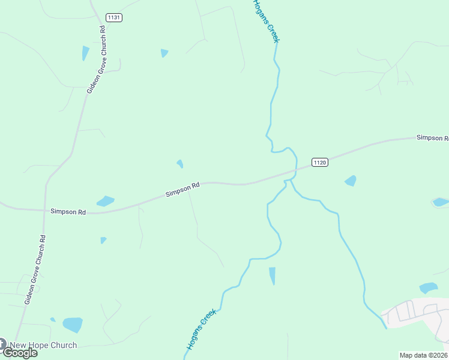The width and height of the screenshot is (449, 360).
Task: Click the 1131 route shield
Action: point(114,17)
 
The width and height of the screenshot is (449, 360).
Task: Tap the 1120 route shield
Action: point(320,163)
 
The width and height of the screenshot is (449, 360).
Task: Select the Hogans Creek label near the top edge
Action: point(266,21)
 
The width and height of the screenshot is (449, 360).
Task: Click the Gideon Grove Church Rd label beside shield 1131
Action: point(96,59)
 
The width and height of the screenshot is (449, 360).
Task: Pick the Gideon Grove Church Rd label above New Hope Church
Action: point(35,269)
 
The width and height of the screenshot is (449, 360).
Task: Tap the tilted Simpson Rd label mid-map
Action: point(182,190)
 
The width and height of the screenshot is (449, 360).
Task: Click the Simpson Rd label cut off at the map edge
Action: point(432,138)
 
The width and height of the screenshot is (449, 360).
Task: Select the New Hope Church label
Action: point(44,345)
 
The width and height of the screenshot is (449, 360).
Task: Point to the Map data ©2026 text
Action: point(423,355)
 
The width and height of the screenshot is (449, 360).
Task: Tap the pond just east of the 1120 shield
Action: point(351,181)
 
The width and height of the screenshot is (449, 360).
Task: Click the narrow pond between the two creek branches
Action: point(273,276)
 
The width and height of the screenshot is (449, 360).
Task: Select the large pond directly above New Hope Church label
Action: point(73,325)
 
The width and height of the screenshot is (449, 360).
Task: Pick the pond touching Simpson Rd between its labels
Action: point(106,201)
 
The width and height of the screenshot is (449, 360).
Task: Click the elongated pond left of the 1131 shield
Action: point(85,53)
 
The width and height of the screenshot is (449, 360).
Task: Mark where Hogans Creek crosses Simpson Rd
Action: point(291,173)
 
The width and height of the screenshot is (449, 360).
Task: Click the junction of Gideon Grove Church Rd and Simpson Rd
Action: point(45,211)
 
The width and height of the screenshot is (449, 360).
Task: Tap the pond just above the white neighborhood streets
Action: point(429,288)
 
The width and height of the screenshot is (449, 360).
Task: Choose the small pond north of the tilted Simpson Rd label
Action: point(179,163)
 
